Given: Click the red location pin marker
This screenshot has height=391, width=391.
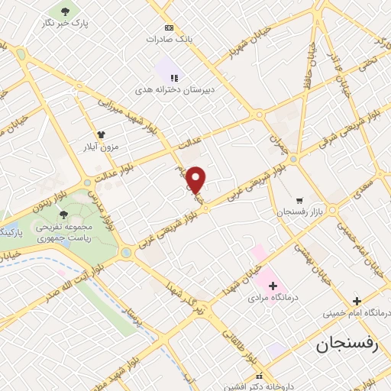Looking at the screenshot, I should (196, 180).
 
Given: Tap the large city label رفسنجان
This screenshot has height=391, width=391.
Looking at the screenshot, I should (347, 344).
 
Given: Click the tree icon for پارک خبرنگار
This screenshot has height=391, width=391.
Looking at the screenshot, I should (65, 11).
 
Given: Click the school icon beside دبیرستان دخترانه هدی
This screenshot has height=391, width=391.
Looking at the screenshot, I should (175, 78).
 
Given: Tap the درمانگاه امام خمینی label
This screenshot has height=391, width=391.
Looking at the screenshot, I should (357, 313).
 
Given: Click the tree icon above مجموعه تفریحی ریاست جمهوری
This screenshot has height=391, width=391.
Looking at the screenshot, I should (63, 215).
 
